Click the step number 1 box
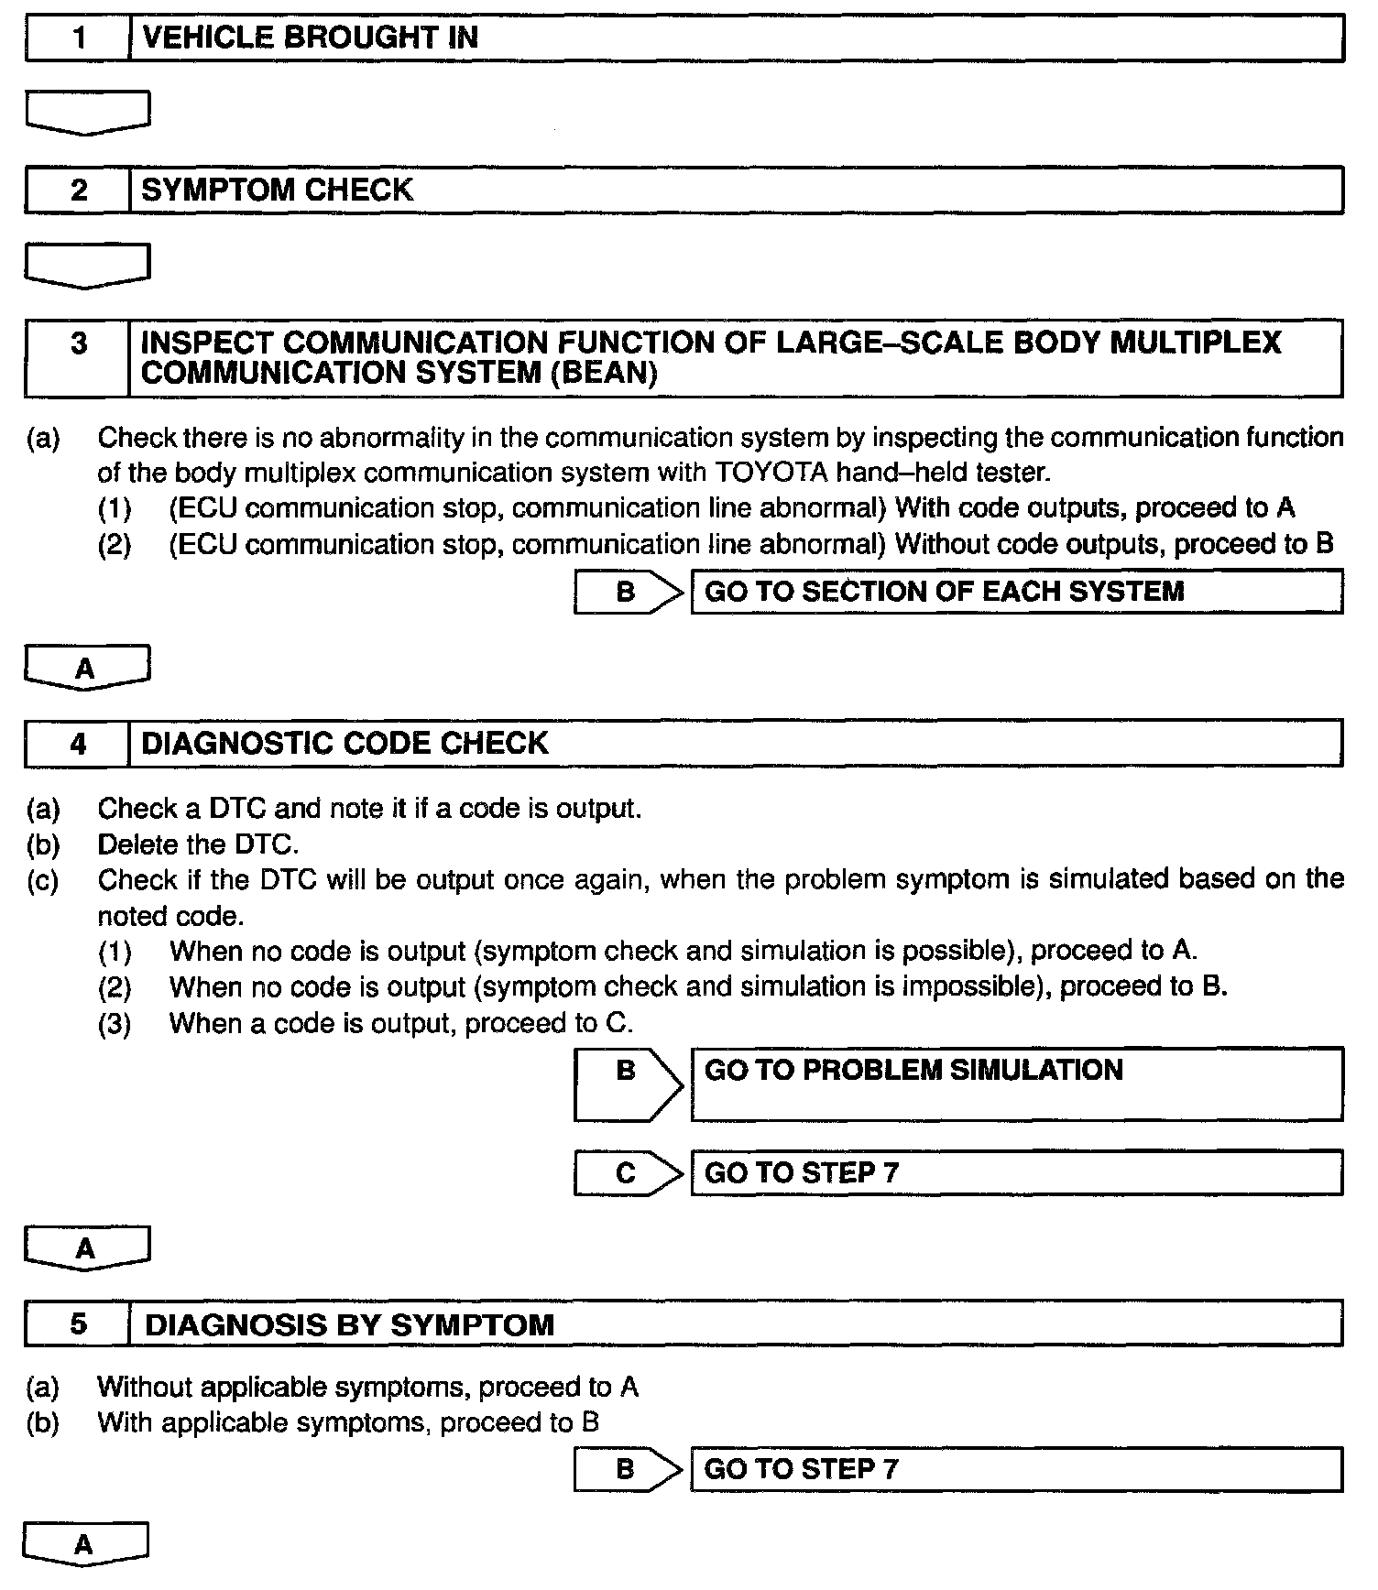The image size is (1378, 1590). [x=79, y=38]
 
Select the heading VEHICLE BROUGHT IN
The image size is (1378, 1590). [x=311, y=38]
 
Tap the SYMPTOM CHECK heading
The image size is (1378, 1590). [x=278, y=191]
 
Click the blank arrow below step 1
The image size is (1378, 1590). [x=87, y=112]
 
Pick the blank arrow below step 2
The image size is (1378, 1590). [x=87, y=265]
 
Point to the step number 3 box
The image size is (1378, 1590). [x=79, y=358]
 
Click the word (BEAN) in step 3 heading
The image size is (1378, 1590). [x=604, y=374]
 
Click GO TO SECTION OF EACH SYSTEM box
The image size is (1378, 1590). [x=1016, y=592]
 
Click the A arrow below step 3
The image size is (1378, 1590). [x=86, y=667]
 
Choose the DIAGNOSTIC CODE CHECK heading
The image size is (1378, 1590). [x=344, y=743]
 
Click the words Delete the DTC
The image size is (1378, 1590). [x=198, y=844]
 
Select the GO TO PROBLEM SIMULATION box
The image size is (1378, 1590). [x=1016, y=1084]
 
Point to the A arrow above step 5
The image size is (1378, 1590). [x=86, y=1247]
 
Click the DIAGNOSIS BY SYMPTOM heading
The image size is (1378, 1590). [x=349, y=1325]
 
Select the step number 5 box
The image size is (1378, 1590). [x=79, y=1324]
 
